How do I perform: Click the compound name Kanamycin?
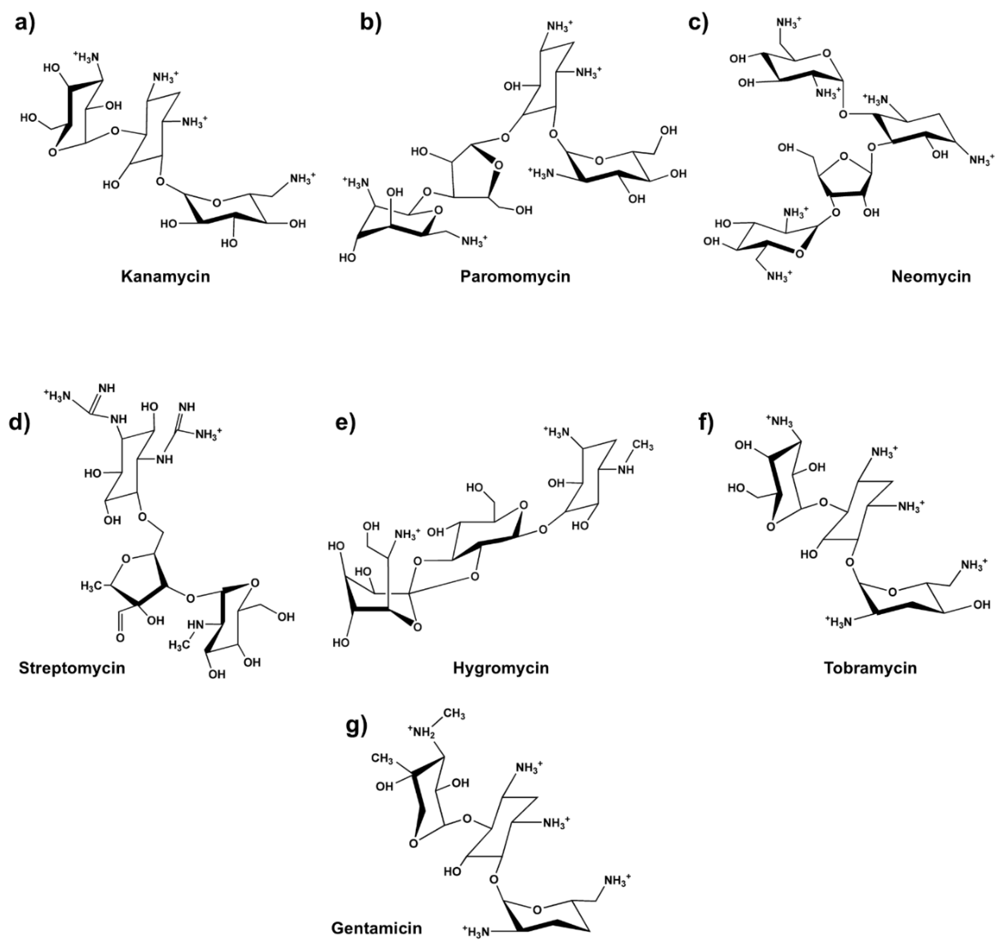pyautogui.click(x=165, y=277)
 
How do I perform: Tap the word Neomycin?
pyautogui.click(x=931, y=277)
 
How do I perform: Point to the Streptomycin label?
pyautogui.click(x=72, y=668)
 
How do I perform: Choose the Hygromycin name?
pyautogui.click(x=501, y=668)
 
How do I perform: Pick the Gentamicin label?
pyautogui.click(x=377, y=928)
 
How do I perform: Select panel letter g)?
pyautogui.click(x=357, y=727)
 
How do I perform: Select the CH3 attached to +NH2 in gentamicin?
pyautogui.click(x=454, y=714)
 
